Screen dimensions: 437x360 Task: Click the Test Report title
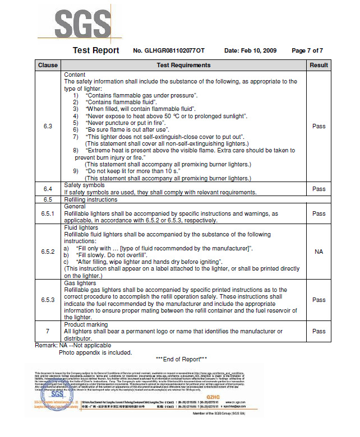pos(96,50)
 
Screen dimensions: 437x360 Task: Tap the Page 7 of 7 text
pos(307,51)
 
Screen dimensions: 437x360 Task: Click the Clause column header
pos(48,66)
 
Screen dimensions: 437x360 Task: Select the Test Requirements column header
pos(183,66)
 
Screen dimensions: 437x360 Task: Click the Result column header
pos(319,66)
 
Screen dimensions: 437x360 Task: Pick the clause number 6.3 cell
pos(48,126)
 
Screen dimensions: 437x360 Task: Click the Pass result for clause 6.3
pos(319,126)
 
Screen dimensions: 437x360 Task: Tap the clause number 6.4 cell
pos(48,189)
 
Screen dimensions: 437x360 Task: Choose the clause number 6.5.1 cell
pos(48,213)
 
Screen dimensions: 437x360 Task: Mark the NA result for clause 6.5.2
pos(319,252)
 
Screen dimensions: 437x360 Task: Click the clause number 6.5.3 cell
pos(48,300)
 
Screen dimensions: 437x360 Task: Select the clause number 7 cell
pos(48,331)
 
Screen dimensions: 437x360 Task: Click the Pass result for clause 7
pos(319,331)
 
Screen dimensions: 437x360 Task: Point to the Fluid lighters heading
pos(81,227)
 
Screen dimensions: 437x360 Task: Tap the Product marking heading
pos(86,324)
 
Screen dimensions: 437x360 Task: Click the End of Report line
pos(181,359)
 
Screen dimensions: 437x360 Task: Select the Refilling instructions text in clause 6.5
pos(91,199)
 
